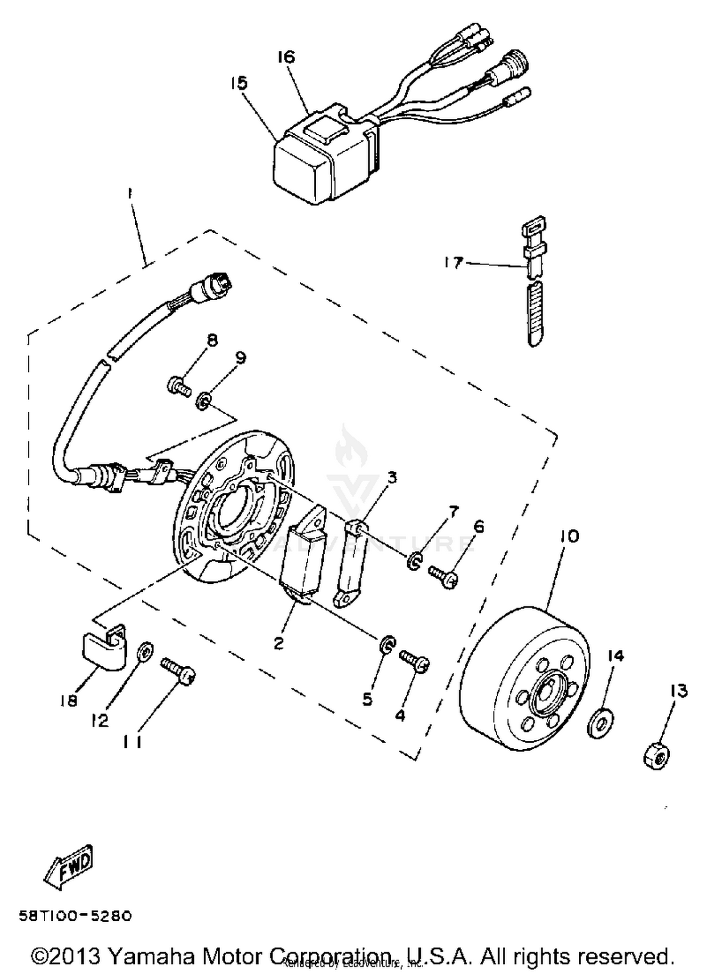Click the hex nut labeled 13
pos(656,757)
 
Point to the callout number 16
pos(286,57)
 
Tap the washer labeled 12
pos(145,653)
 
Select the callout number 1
pos(130,194)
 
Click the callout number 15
pos(239,84)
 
